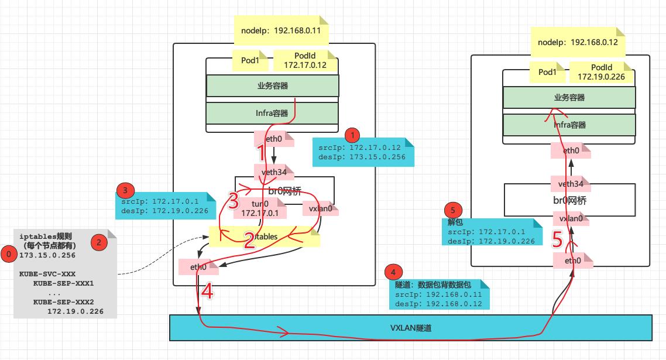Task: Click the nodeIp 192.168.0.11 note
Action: coord(281,30)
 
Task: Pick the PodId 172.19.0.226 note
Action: coord(602,72)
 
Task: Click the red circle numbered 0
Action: coord(9,255)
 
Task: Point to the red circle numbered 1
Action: coord(352,135)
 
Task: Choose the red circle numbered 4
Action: coord(393,273)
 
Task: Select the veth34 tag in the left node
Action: coord(277,172)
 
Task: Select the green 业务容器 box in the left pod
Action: coord(273,85)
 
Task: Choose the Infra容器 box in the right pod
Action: coord(569,125)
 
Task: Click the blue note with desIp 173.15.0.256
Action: coord(363,152)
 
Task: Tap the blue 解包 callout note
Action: coord(489,232)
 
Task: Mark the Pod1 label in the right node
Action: coord(547,72)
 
